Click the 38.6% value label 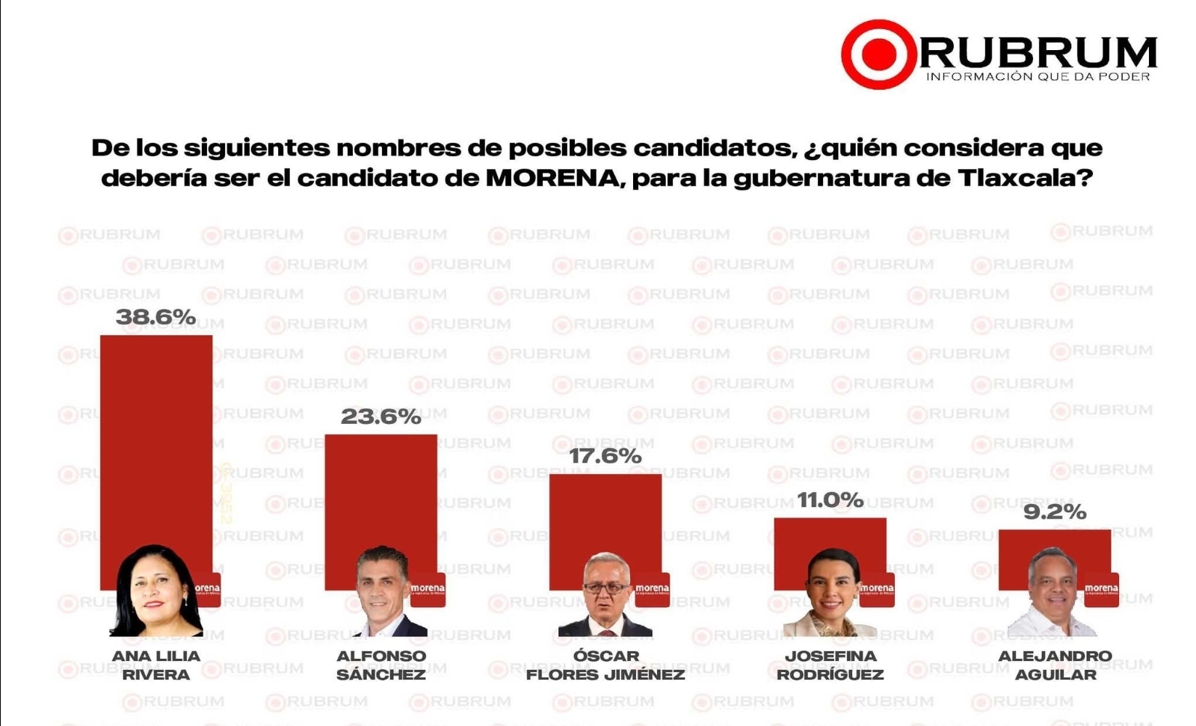(155, 317)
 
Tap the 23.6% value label (380, 416)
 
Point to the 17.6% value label (605, 455)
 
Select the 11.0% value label (830, 499)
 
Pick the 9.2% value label (1054, 512)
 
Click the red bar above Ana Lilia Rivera (156, 434)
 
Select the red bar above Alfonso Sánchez (380, 493)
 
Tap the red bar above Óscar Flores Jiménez (605, 516)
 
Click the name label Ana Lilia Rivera (156, 665)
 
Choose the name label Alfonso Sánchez (380, 665)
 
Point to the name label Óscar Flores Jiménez (605, 665)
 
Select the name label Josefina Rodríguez (830, 665)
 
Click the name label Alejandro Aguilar (1055, 665)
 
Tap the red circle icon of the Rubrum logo (878, 55)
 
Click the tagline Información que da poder (1038, 77)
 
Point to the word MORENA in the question (552, 178)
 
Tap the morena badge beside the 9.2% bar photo (1101, 589)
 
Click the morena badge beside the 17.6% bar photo (652, 589)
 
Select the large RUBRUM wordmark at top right (1038, 52)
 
